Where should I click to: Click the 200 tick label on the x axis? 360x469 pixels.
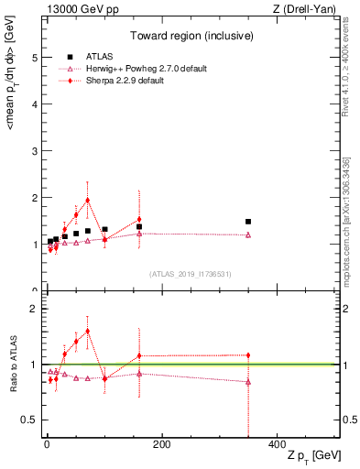[x=161, y=445]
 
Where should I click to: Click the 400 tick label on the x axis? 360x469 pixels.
[x=277, y=445]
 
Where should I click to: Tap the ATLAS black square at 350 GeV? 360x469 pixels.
[x=248, y=222]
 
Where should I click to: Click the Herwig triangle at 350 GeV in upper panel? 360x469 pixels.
[x=248, y=234]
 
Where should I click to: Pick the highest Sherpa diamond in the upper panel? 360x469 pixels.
[x=87, y=200]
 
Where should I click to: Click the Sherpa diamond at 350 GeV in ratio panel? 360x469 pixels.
[x=248, y=355]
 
